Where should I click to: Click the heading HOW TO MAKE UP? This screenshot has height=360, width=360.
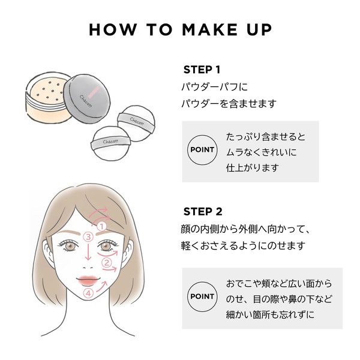click(180, 30)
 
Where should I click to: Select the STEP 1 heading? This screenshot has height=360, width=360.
click(202, 70)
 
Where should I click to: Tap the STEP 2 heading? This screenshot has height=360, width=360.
click(202, 211)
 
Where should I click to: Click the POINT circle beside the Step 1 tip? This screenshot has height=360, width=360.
click(202, 149)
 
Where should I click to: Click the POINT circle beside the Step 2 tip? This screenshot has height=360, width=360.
click(202, 296)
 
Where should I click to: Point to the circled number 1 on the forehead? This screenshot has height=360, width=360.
click(101, 226)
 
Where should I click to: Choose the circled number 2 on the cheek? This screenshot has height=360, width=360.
click(107, 262)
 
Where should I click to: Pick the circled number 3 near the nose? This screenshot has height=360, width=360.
click(88, 237)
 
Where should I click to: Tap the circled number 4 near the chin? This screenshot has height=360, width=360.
click(89, 294)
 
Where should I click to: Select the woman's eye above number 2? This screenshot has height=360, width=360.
click(106, 245)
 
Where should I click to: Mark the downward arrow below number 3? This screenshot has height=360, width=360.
click(88, 255)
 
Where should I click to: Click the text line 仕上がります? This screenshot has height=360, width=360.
click(252, 167)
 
